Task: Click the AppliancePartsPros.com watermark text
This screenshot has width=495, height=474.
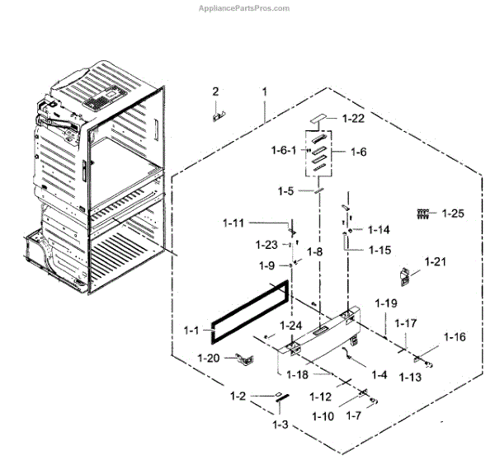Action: click(247, 8)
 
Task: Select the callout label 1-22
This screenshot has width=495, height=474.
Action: click(352, 119)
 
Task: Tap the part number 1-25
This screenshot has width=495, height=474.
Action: click(453, 214)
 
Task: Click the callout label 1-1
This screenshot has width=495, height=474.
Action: click(191, 331)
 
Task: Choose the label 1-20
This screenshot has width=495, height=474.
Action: click(209, 358)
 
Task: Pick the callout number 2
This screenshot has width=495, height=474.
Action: click(215, 91)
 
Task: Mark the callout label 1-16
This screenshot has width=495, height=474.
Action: click(455, 336)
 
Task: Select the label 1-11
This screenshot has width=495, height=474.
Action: click(233, 223)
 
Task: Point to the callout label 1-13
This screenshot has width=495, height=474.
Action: click(410, 377)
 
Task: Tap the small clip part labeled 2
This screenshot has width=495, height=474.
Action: click(218, 115)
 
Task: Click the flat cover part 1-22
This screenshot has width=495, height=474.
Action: click(319, 120)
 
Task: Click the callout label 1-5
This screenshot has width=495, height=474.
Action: click(285, 190)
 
